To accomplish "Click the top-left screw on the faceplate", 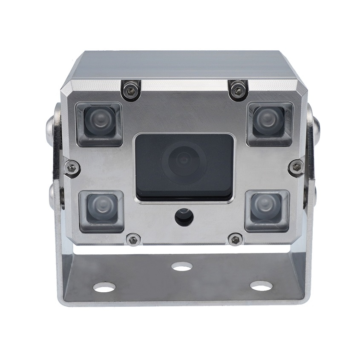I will [x=130, y=90].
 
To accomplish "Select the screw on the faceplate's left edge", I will [x=72, y=168].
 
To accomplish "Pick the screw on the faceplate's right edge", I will [x=297, y=167].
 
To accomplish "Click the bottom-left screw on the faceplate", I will [x=133, y=240].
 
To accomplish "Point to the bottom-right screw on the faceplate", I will [x=235, y=239].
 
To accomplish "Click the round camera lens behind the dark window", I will [x=184, y=160].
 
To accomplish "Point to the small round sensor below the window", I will [x=184, y=217].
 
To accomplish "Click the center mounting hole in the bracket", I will [x=182, y=267].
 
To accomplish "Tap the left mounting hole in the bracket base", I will [x=104, y=288].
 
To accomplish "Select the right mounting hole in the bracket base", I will [x=261, y=287].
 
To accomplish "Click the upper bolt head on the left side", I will [x=51, y=127].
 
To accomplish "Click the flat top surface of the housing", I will [x=183, y=64].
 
